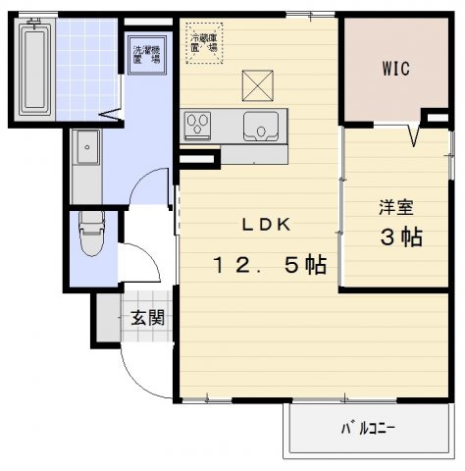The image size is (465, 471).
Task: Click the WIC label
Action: point(395,69)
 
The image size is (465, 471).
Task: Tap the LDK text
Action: point(267,225)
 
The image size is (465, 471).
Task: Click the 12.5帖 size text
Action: point(268,264)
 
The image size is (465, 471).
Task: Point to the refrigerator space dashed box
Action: point(207,43)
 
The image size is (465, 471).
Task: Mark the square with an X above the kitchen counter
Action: point(257,85)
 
